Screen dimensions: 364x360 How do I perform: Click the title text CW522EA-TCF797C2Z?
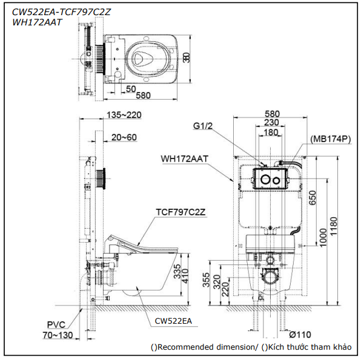click(x=61, y=12)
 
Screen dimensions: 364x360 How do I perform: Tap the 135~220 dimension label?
click(x=124, y=115)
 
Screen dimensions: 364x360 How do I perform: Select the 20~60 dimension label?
click(x=124, y=137)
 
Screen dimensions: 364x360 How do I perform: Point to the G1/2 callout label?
click(x=203, y=126)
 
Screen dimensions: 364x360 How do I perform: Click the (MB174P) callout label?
click(x=331, y=139)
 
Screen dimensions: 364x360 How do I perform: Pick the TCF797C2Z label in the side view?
click(x=180, y=212)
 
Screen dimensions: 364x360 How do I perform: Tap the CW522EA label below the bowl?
click(x=173, y=321)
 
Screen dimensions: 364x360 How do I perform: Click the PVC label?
click(x=56, y=325)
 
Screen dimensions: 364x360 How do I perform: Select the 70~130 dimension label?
click(x=58, y=335)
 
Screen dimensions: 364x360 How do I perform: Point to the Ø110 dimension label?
click(x=300, y=335)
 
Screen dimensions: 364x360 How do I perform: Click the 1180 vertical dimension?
click(x=333, y=226)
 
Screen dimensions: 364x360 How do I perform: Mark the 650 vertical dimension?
click(x=313, y=198)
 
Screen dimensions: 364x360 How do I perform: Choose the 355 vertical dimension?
click(x=206, y=280)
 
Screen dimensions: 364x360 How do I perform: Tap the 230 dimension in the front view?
click(x=271, y=122)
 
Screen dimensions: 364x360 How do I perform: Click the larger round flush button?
click(x=265, y=179)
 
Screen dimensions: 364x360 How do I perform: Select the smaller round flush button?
click(x=276, y=180)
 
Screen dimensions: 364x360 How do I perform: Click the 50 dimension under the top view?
click(x=131, y=89)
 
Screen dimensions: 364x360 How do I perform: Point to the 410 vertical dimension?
click(x=185, y=276)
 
